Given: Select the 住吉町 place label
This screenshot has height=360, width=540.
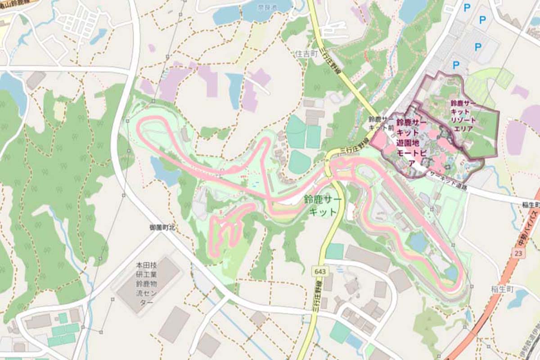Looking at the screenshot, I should tap(306, 54).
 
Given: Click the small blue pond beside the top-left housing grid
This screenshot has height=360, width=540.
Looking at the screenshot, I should tap(99, 36).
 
